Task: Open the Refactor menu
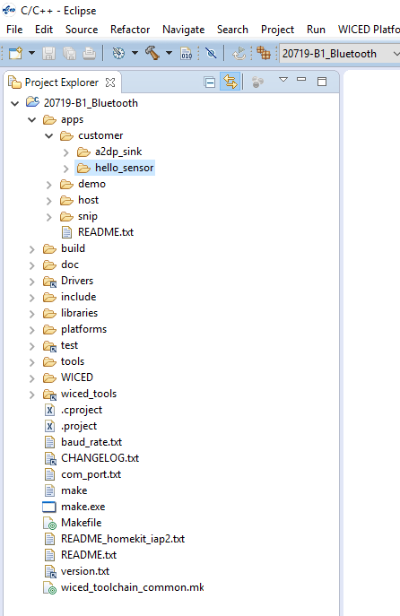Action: pyautogui.click(x=130, y=30)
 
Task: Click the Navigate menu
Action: pyautogui.click(x=184, y=30)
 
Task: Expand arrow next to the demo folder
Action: pyautogui.click(x=48, y=185)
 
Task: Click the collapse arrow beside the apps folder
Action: pyautogui.click(x=31, y=120)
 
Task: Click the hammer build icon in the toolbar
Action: pyautogui.click(x=152, y=53)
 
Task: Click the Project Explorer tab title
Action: pyautogui.click(x=62, y=82)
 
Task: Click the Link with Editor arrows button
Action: pyautogui.click(x=230, y=82)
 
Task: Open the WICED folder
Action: pyautogui.click(x=77, y=377)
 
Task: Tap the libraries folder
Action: pyautogui.click(x=79, y=313)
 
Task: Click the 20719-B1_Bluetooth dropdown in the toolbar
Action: pyautogui.click(x=340, y=54)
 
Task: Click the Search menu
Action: pyautogui.click(x=232, y=30)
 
